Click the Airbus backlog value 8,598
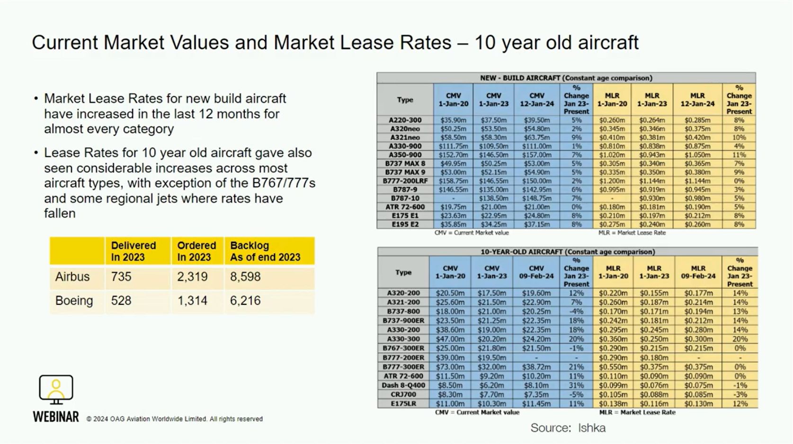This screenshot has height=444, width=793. click(x=245, y=277)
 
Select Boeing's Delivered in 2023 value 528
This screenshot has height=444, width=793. click(x=121, y=301)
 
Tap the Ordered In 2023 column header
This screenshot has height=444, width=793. click(x=196, y=251)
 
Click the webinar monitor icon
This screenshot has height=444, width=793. click(x=56, y=390)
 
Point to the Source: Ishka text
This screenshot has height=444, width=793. click(x=568, y=428)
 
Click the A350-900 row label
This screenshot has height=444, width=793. click(x=405, y=155)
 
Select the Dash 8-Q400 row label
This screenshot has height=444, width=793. click(x=403, y=385)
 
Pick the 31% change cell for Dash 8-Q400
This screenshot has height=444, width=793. click(x=576, y=385)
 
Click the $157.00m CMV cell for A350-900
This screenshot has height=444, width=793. click(x=536, y=155)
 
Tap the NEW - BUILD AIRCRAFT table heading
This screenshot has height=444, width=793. click(x=566, y=78)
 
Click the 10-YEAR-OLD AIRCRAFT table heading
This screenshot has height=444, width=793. click(x=567, y=252)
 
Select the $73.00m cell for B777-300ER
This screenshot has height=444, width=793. click(x=450, y=367)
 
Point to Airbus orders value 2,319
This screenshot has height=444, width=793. click(x=192, y=277)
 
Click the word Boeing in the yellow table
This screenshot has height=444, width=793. click(x=74, y=301)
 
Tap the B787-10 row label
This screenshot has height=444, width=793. click(x=405, y=198)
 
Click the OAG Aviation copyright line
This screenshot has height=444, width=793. click(x=174, y=419)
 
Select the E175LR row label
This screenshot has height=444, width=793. click(x=403, y=404)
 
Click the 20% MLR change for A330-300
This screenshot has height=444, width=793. click(x=740, y=339)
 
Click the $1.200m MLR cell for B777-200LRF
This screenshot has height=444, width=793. click(x=612, y=181)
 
